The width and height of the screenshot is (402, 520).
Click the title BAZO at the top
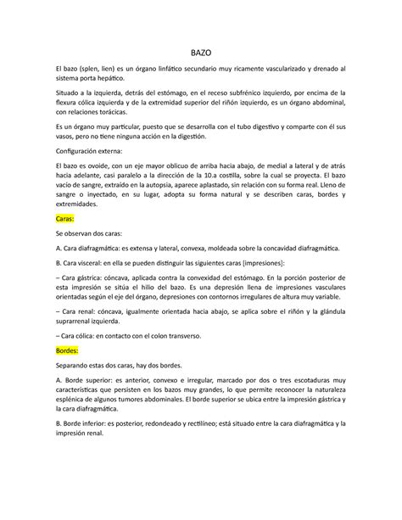coord(200,51)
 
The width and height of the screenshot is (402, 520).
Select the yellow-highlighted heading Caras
coord(64,217)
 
